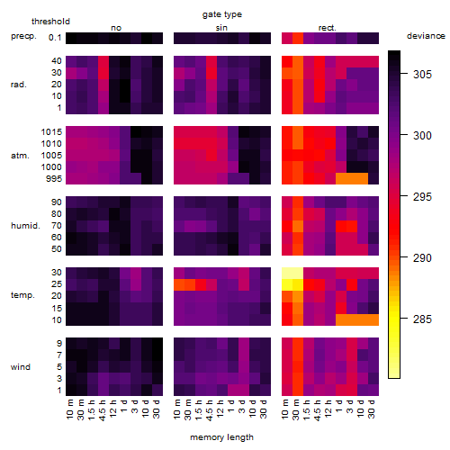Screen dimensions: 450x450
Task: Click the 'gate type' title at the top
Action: [222, 14]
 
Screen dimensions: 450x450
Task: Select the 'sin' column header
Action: [221, 28]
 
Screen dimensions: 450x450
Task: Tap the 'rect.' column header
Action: [327, 28]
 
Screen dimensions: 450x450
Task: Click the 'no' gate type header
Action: [116, 28]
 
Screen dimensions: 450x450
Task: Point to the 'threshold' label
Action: [50, 22]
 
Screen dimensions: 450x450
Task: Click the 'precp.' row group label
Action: [23, 36]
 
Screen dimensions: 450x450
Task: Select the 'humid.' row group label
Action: [25, 226]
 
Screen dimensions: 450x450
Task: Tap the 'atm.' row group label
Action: [20, 156]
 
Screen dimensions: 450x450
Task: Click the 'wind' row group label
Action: [21, 367]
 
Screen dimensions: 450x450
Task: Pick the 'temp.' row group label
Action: [22, 295]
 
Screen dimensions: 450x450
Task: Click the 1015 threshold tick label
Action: [51, 132]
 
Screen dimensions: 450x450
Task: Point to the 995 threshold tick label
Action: [54, 179]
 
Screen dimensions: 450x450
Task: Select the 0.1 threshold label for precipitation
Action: [55, 38]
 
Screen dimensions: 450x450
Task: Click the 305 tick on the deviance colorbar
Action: [422, 74]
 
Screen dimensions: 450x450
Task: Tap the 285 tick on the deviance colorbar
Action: [422, 319]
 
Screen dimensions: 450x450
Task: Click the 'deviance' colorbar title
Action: [426, 36]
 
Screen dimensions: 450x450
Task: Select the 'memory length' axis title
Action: [222, 437]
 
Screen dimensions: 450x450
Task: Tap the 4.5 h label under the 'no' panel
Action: [103, 410]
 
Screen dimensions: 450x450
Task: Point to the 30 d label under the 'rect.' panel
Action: [372, 409]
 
